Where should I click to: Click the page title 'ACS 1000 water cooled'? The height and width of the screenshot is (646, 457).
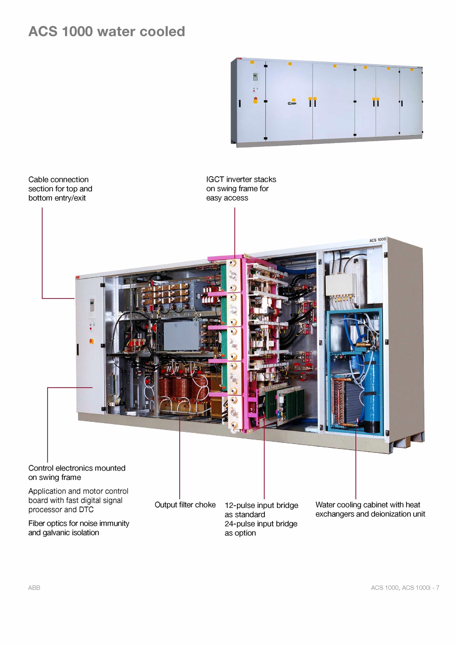pyautogui.click(x=107, y=31)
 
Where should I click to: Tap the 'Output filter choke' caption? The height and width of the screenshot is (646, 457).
pyautogui.click(x=185, y=505)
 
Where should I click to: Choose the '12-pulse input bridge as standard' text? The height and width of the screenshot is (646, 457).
pyautogui.click(x=261, y=510)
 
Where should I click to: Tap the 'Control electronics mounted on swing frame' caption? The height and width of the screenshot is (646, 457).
pyautogui.click(x=77, y=472)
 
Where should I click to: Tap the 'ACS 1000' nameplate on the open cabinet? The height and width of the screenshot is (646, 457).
pyautogui.click(x=378, y=240)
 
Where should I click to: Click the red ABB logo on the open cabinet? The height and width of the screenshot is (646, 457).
pyautogui.click(x=77, y=277)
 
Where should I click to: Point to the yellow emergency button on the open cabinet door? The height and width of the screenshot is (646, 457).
pyautogui.click(x=91, y=341)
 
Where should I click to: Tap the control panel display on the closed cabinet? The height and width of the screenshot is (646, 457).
pyautogui.click(x=255, y=77)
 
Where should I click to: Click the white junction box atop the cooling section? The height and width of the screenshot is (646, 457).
pyautogui.click(x=340, y=285)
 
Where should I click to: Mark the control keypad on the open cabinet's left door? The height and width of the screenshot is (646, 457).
pyautogui.click(x=92, y=305)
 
